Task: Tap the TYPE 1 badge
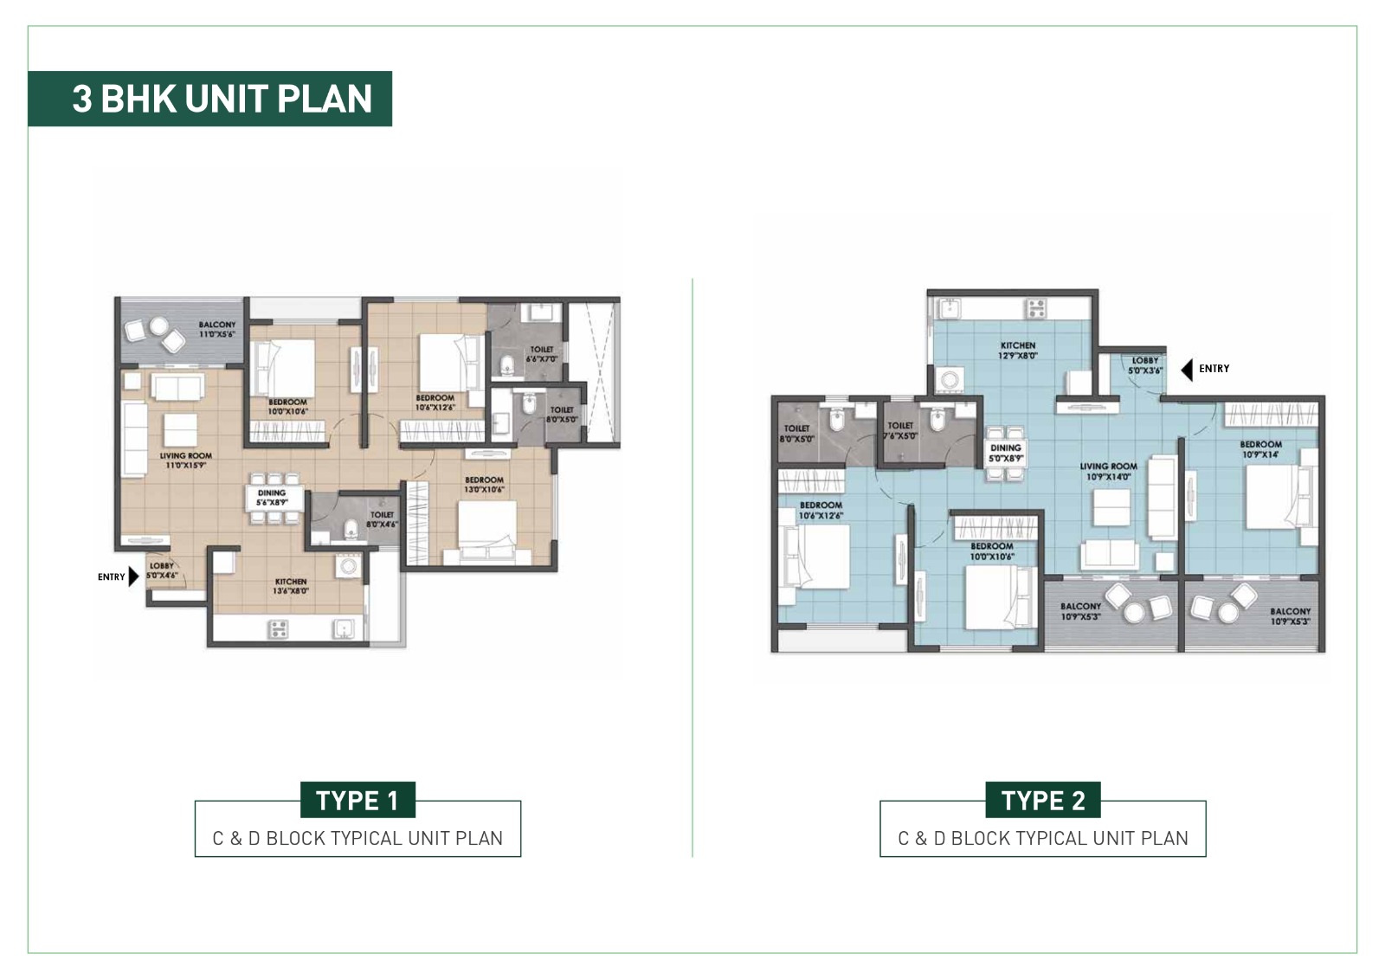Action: [x=358, y=800]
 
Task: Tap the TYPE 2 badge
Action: [x=1042, y=800]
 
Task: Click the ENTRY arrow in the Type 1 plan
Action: [x=132, y=576]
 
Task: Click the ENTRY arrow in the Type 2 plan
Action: [x=1187, y=370]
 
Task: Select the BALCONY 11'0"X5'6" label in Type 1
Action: [x=216, y=329]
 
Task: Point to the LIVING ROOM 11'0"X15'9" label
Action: [x=185, y=461]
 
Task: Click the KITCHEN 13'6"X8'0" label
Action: [x=290, y=586]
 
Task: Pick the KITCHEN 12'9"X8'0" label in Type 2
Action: [x=1017, y=350]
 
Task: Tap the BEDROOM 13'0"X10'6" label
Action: [x=484, y=485]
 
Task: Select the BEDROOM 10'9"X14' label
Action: [x=1260, y=449]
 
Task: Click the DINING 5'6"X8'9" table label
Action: [x=272, y=497]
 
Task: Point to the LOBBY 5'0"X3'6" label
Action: [x=1144, y=365]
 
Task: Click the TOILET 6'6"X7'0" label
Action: [x=542, y=353]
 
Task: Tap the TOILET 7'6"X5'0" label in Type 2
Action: [x=900, y=430]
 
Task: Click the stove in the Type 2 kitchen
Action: [x=1035, y=307]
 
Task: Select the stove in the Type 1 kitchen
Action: [x=278, y=628]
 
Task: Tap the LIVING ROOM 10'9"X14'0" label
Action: [x=1108, y=471]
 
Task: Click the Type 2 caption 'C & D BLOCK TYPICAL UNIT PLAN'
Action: [x=1042, y=838]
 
